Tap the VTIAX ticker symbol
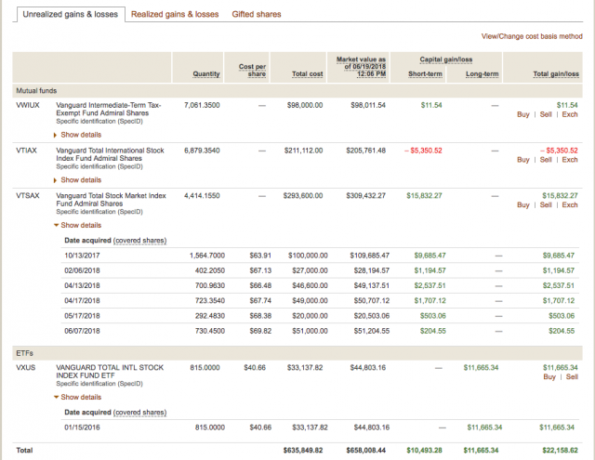pyautogui.click(x=28, y=151)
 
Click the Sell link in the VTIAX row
pyautogui.click(x=546, y=160)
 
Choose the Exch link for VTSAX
pyautogui.click(x=570, y=204)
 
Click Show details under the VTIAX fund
pyautogui.click(x=82, y=180)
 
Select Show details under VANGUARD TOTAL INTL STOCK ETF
pyautogui.click(x=82, y=397)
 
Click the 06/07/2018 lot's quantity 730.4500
pyautogui.click(x=206, y=330)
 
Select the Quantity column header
pyautogui.click(x=206, y=74)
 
